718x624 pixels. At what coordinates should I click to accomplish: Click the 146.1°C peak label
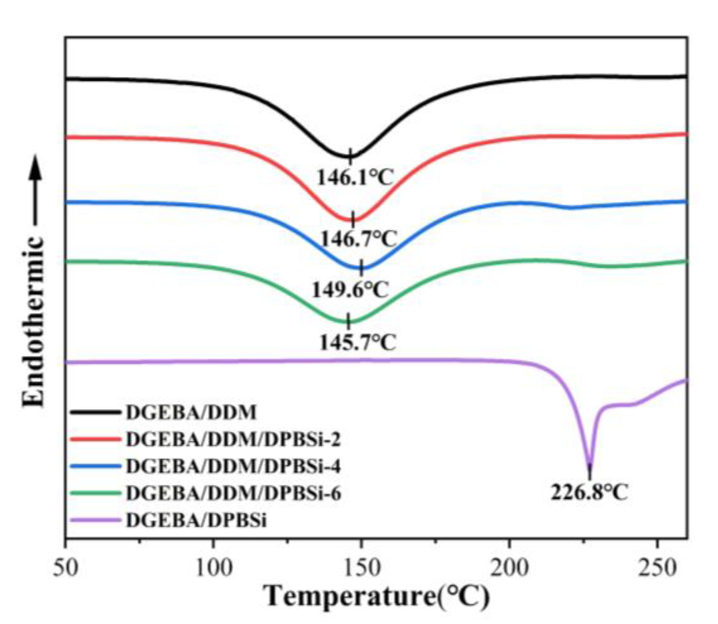click(x=354, y=178)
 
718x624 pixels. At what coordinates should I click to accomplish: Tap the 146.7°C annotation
click(x=359, y=239)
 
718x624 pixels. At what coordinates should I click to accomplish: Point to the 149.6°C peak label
click(x=350, y=290)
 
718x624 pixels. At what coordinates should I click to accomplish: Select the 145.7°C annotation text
click(x=358, y=342)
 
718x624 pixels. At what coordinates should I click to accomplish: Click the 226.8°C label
click(x=589, y=492)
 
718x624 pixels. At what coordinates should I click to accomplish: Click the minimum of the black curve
click(x=350, y=156)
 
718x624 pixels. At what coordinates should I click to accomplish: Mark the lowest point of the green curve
click(x=348, y=322)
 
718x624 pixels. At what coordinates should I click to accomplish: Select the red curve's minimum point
click(x=353, y=220)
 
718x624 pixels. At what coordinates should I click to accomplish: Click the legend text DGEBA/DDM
click(x=191, y=412)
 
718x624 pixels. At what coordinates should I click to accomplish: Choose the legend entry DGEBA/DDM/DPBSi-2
click(x=233, y=439)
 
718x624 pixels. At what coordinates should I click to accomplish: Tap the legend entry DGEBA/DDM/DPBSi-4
click(x=233, y=466)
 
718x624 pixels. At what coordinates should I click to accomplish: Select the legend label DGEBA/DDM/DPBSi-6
click(x=233, y=493)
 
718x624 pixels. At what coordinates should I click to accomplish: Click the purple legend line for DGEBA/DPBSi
click(x=95, y=520)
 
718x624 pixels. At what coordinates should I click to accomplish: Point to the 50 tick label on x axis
click(x=66, y=568)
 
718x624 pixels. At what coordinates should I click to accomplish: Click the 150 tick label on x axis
click(x=361, y=568)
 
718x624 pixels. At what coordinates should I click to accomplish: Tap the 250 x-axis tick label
click(x=657, y=568)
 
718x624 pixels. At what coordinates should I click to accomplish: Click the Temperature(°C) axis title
click(x=377, y=597)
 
